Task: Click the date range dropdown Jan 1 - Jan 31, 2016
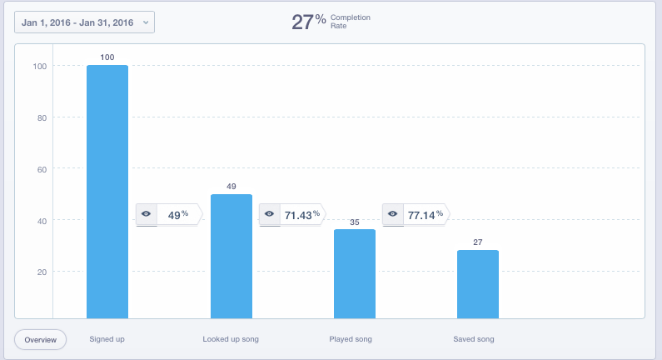84,22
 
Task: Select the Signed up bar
107,192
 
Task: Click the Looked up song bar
231,256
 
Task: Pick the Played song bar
355,273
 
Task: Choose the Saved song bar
477,283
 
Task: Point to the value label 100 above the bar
107,57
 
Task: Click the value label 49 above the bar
231,186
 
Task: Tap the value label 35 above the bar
355,222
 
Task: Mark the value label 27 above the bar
477,242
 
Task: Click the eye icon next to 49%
147,214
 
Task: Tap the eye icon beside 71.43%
270,214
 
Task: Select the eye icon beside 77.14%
392,214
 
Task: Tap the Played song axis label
351,340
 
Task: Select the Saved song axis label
473,340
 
